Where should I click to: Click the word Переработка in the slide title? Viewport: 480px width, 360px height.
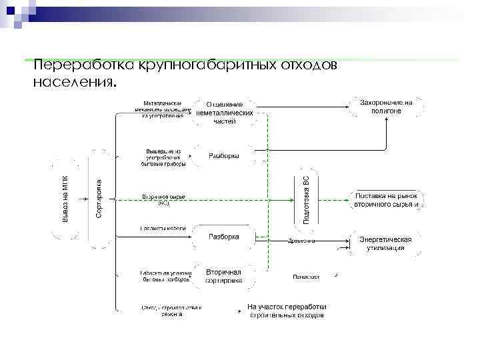pos(84,66)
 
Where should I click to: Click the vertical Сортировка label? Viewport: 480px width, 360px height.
pos(99,199)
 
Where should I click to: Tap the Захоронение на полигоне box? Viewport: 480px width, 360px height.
pos(386,107)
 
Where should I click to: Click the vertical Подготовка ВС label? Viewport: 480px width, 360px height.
pos(307,199)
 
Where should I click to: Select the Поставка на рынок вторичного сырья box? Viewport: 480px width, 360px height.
pos(387,200)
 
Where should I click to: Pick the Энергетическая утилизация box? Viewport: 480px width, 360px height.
pos(385,243)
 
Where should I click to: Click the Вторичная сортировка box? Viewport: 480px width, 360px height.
pos(223,277)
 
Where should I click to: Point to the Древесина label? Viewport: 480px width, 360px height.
pos(301,241)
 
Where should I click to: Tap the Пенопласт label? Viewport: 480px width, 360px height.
pos(306,276)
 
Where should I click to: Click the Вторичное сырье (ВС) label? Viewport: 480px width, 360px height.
pos(163,199)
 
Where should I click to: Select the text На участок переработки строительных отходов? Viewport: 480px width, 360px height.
pos(287,311)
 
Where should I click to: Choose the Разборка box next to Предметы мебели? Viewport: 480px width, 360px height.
pos(224,237)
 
